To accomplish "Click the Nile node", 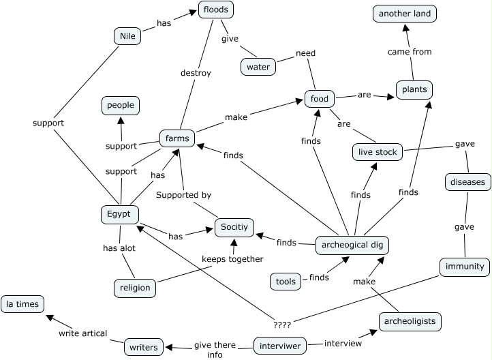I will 127,36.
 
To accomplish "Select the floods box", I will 216,10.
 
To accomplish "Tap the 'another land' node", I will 405,13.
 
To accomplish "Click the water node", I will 258,67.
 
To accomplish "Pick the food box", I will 319,99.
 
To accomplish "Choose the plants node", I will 414,89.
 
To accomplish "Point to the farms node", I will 177,139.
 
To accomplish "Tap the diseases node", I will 467,182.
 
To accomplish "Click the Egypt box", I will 119,214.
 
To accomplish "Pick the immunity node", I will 463,266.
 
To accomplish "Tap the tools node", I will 284,281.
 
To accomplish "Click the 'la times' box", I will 22,303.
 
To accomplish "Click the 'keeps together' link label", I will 232,259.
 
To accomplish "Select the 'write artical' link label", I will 82,333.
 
